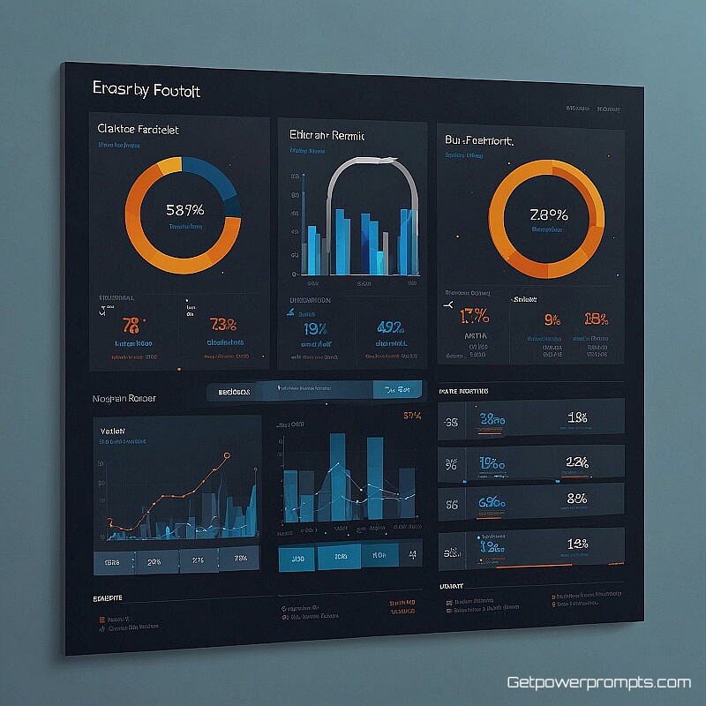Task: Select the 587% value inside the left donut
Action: (x=184, y=210)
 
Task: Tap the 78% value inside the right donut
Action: (x=548, y=214)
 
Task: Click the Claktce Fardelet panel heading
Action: (x=138, y=129)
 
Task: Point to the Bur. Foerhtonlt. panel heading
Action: (x=480, y=140)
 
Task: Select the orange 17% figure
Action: (x=475, y=315)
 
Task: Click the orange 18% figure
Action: (x=596, y=319)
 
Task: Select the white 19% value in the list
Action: (x=578, y=417)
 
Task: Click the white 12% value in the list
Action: (x=577, y=461)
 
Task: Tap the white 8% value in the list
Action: (x=577, y=499)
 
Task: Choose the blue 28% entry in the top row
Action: (x=492, y=420)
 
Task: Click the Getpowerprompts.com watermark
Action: (x=598, y=682)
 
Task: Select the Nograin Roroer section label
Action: (x=124, y=399)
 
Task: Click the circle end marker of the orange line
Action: (x=228, y=455)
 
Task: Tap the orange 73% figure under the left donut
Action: (x=224, y=325)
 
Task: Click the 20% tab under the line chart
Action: (x=154, y=560)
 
